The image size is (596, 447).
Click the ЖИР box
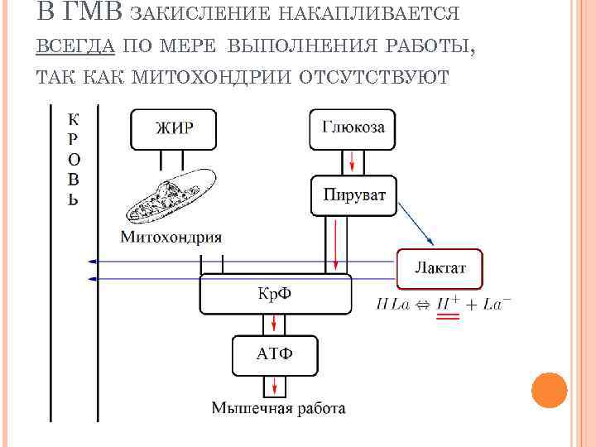(x=174, y=129)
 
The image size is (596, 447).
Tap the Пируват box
(x=353, y=195)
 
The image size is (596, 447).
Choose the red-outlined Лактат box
(x=440, y=268)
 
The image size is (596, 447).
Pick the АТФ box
(x=274, y=354)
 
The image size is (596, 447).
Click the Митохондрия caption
(x=171, y=238)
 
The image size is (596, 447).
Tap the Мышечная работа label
(x=278, y=408)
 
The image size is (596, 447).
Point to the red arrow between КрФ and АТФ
(x=273, y=324)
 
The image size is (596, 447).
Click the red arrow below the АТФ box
(x=273, y=385)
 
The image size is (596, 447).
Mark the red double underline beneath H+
(x=448, y=317)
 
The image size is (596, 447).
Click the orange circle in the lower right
(x=549, y=390)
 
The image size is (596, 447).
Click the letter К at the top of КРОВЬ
(x=73, y=118)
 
